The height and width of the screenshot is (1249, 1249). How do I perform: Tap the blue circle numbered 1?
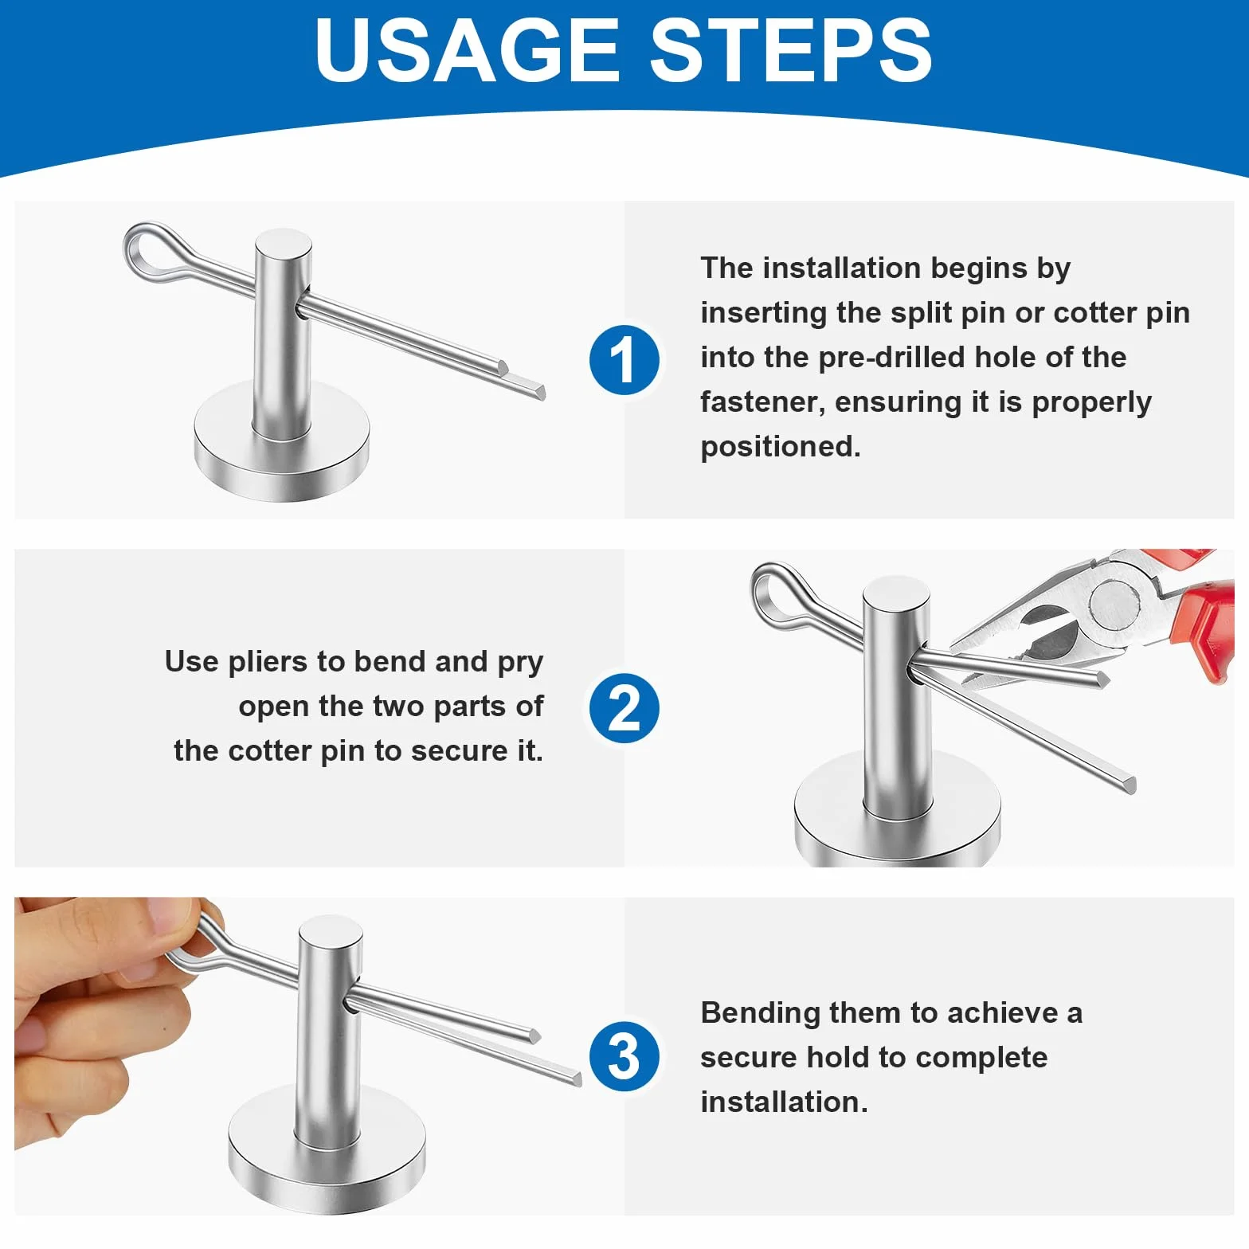pos(624,360)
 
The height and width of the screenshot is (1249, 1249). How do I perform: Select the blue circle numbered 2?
pos(624,708)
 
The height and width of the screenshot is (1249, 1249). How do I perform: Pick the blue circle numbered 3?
pos(624,1056)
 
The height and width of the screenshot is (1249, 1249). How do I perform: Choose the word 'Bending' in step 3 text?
pos(760,1013)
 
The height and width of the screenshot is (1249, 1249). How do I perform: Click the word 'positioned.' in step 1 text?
pos(781,447)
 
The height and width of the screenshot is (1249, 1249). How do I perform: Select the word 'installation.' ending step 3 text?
pos(784,1102)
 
